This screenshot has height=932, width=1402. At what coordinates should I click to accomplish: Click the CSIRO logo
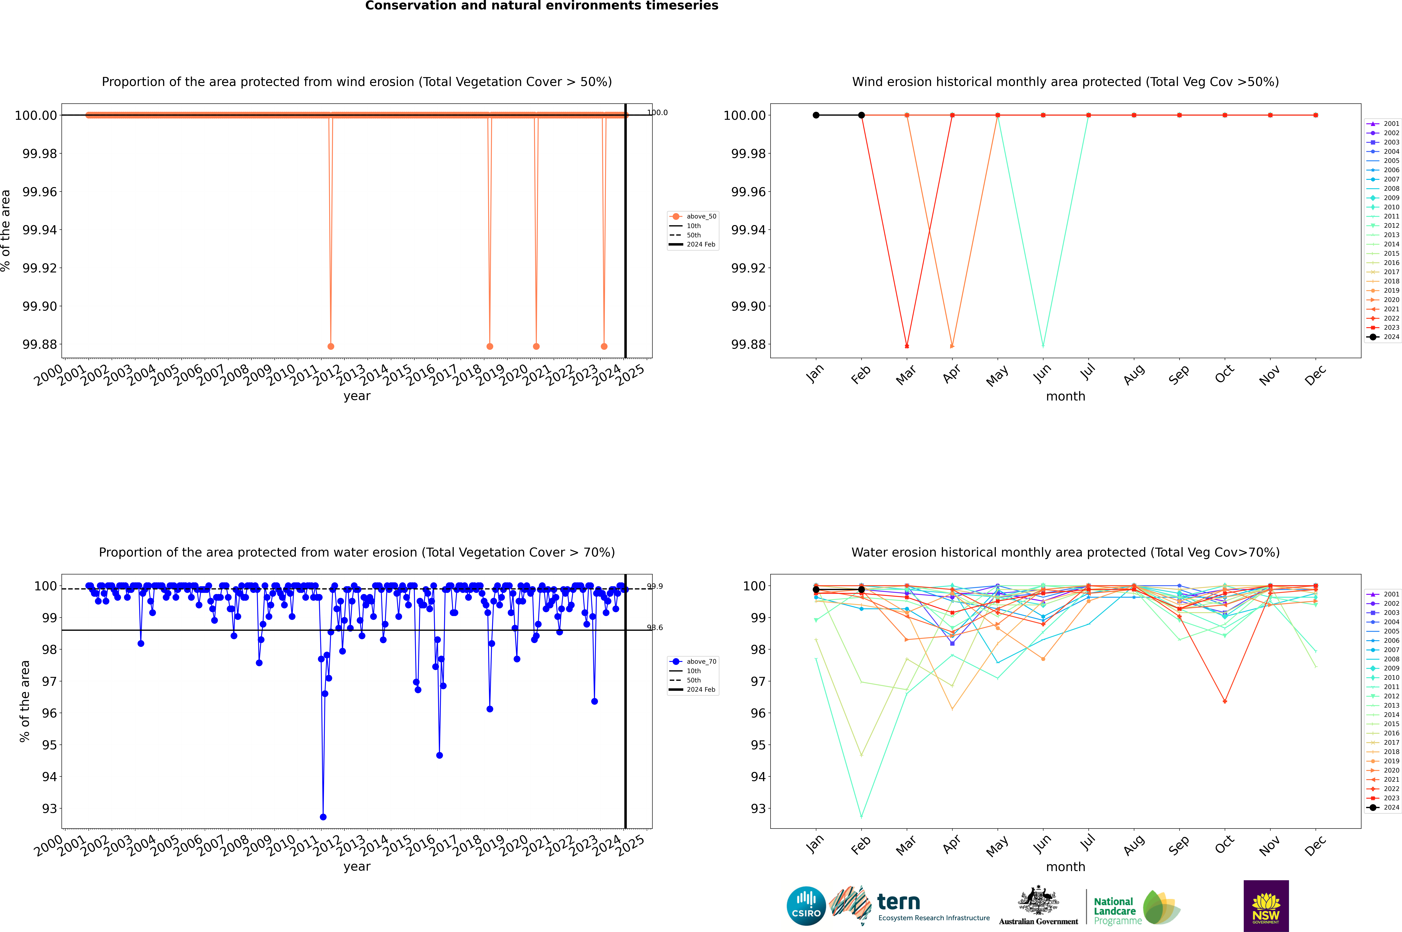[x=806, y=906]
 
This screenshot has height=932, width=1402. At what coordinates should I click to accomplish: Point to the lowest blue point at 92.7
[x=323, y=817]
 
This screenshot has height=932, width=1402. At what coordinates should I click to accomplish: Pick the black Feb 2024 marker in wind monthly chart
[x=861, y=115]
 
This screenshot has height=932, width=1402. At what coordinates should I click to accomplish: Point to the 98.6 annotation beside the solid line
[x=655, y=628]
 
